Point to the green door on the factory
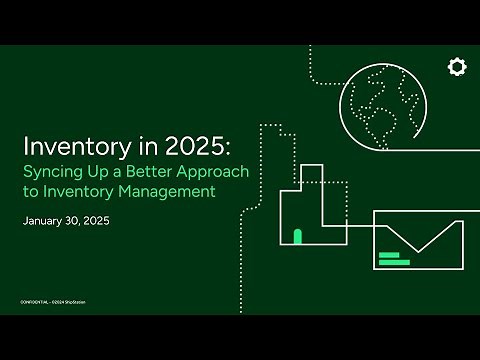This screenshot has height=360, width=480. pyautogui.click(x=297, y=236)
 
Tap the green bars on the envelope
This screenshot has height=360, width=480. pyautogui.click(x=393, y=259)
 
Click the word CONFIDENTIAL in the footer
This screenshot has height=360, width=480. pyautogui.click(x=38, y=301)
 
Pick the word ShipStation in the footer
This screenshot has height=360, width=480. pyautogui.click(x=93, y=301)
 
